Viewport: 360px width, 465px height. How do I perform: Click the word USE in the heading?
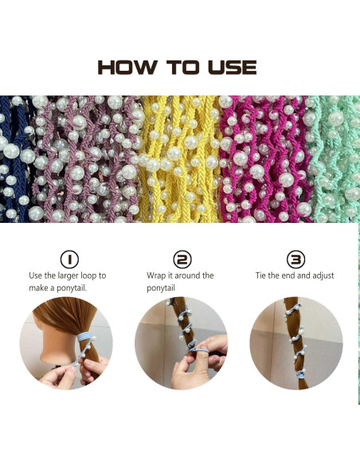(229, 67)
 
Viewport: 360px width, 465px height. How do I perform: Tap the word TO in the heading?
(180, 67)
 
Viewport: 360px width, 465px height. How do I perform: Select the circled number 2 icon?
(182, 260)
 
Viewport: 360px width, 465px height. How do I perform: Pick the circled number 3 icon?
(295, 260)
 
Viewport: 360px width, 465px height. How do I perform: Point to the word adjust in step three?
(320, 275)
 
